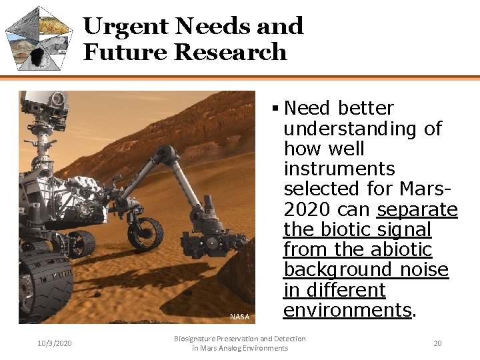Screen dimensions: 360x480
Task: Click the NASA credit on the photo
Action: click(x=239, y=317)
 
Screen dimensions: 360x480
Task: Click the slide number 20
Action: click(x=437, y=343)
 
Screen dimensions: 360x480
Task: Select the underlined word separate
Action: click(x=417, y=209)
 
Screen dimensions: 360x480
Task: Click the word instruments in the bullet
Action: click(x=339, y=169)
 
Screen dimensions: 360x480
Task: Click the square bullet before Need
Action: click(x=275, y=108)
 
